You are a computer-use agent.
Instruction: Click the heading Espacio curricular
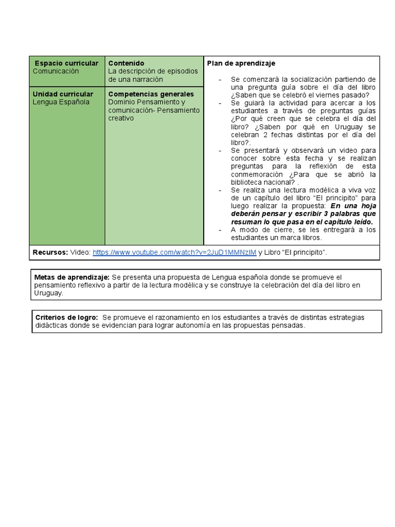coord(66,63)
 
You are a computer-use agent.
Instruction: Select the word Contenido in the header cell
coord(126,63)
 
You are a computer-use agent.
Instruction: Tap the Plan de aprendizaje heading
coord(241,63)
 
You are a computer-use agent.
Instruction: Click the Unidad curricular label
coord(63,94)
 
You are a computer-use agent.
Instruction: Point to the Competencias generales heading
coord(151,94)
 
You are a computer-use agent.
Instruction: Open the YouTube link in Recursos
coord(174,252)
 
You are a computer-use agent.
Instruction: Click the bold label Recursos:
coord(50,252)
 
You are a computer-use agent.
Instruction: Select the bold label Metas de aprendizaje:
coord(71,277)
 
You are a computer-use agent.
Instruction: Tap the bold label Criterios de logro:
coord(67,318)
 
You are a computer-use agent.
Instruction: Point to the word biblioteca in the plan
coord(248,182)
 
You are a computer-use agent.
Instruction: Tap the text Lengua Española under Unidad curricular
coord(61,102)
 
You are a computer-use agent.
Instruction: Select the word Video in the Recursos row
coord(80,252)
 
